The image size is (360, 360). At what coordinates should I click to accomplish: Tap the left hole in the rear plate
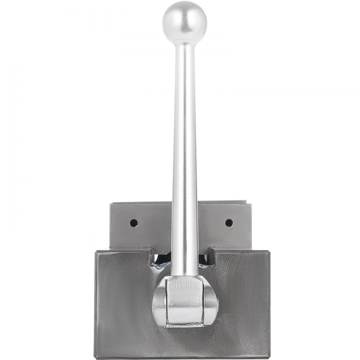[134, 222]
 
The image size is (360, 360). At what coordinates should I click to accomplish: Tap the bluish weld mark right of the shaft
[204, 265]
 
